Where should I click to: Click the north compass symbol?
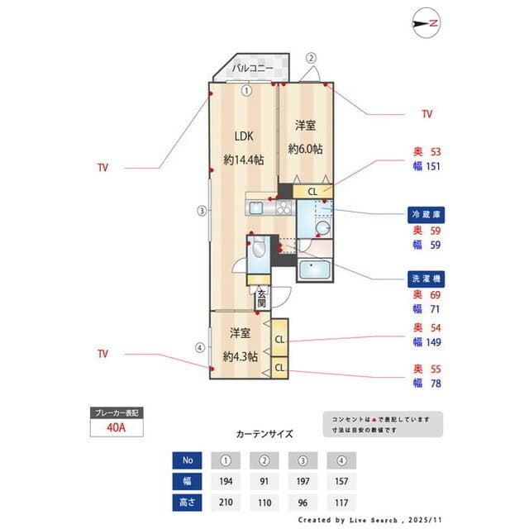pos(426,23)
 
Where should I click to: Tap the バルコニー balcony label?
pos(251,69)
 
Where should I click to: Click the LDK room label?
pos(243,136)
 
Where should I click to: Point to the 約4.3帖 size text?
pos(240,357)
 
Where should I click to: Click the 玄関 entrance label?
pos(261,298)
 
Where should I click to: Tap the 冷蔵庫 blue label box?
pos(427,214)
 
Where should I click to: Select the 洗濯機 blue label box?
pos(427,278)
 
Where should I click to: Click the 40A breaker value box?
pos(117,428)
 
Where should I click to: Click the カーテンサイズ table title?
pos(264,433)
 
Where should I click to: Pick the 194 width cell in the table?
pos(226,481)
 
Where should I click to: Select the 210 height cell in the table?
pos(226,502)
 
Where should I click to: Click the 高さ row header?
pos(188,502)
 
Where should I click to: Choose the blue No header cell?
pos(188,460)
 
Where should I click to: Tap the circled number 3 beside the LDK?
pos(201,210)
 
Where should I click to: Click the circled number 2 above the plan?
pos(312,58)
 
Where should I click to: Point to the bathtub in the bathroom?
pos(313,269)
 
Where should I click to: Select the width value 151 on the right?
pos(432,166)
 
